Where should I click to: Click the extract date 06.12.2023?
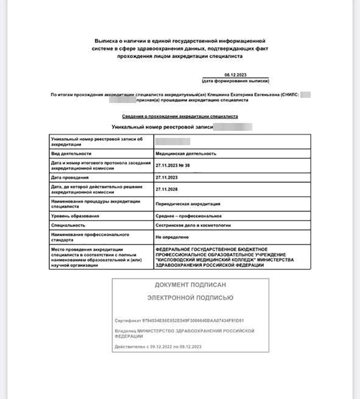[236, 75]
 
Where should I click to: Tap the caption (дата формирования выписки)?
[236, 81]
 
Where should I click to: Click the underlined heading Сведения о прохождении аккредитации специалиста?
[180, 117]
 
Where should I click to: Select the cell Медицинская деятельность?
[186, 153]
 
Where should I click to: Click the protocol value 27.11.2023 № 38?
[173, 166]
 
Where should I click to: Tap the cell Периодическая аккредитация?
[188, 204]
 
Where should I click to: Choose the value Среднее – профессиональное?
[188, 216]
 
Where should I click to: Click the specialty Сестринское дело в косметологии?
[193, 225]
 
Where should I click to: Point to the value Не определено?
[172, 237]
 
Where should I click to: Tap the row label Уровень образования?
[75, 216]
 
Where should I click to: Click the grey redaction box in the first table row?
[173, 141]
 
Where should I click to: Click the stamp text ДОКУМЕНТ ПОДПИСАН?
[190, 285]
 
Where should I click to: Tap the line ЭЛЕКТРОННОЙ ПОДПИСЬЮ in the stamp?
[190, 298]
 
